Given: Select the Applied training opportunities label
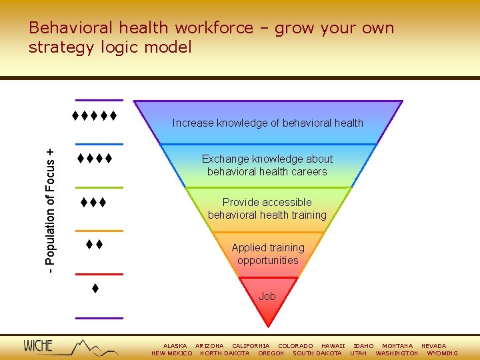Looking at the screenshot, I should point(267,254).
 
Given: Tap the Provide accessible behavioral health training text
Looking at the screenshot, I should point(267,209).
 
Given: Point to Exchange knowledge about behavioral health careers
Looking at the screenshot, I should point(267,165).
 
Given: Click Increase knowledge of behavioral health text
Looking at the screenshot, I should point(267,123).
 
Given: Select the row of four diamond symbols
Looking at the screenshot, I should point(93,159).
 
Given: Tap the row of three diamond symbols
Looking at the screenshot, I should point(94,202).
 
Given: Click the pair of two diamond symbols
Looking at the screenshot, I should point(94,245).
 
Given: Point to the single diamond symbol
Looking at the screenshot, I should point(95,289).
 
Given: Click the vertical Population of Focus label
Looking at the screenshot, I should point(51,203).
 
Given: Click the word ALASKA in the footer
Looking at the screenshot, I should point(175,346).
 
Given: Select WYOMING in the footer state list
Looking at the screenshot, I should point(442,353).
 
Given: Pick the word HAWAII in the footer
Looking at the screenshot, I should point(333,346).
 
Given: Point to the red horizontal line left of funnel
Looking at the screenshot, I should point(99,274).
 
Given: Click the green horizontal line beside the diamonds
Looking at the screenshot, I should point(99,187).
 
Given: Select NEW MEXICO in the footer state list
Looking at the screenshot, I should point(172,353).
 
